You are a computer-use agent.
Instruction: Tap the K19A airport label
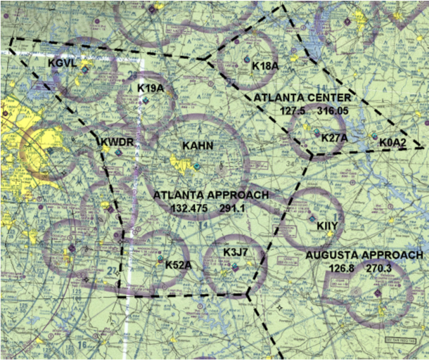tap(151, 88)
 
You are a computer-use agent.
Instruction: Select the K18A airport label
tap(265, 66)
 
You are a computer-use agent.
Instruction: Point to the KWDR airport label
tap(117, 143)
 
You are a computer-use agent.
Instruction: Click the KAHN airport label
tap(198, 146)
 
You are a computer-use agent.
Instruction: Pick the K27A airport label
tap(334, 138)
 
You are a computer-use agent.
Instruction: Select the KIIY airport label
tap(328, 226)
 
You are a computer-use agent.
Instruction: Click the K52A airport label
tap(178, 264)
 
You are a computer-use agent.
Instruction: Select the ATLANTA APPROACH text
tap(210, 195)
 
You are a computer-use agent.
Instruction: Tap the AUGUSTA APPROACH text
tap(364, 255)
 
